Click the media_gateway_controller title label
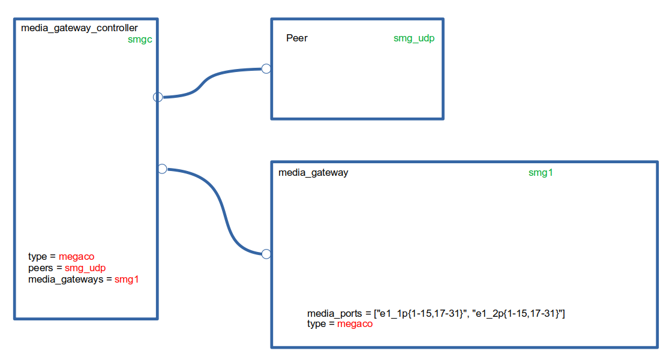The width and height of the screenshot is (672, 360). coord(79,28)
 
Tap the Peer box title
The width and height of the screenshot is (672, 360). coord(297,38)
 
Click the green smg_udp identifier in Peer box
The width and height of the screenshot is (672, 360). coord(414,38)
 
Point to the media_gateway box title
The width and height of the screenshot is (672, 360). coord(313,173)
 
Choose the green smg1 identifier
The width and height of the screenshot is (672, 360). coord(541,173)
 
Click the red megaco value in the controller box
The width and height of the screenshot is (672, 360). coord(77,257)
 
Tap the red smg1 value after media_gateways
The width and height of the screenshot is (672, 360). coord(127,280)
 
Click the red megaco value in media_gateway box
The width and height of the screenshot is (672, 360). coord(355,324)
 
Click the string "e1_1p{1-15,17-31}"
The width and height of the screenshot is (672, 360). coord(421,313)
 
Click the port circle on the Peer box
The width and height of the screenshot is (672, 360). coord(266,69)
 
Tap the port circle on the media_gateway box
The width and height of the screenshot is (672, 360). coord(266,254)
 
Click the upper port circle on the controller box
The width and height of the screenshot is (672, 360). coord(158,97)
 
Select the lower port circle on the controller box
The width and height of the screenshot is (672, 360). coord(161,169)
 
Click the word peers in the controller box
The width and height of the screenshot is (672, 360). coord(40,268)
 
